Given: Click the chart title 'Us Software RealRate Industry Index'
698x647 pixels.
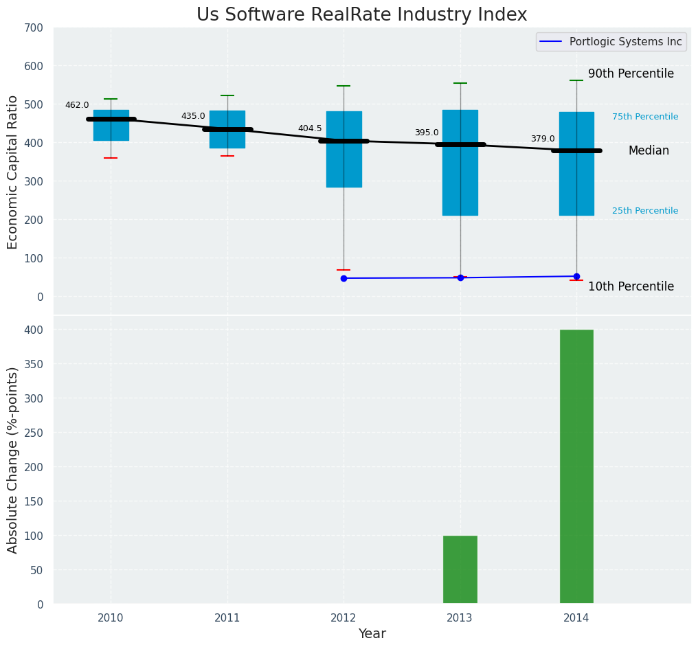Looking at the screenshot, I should (x=361, y=15).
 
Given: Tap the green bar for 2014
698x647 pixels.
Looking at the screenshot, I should (x=576, y=466).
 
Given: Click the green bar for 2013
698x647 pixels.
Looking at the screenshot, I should (x=460, y=569).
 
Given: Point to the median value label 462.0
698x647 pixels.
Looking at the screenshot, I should (x=77, y=105).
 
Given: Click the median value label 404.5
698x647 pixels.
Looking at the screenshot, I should (x=310, y=128).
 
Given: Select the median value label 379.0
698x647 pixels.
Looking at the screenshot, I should (x=543, y=139).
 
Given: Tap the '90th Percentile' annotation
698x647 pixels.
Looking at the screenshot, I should (x=631, y=74).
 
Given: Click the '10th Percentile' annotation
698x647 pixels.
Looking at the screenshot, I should (x=631, y=287).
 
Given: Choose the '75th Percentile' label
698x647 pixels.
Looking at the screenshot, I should (x=645, y=117).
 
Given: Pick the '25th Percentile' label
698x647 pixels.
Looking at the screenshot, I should (x=645, y=211).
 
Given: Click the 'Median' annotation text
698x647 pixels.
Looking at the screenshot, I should (x=649, y=151).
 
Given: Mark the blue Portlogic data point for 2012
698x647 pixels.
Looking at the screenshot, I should (x=344, y=278).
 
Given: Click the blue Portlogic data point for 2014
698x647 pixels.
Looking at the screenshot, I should (x=576, y=276).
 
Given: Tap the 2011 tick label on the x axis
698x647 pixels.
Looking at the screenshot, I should (x=227, y=618).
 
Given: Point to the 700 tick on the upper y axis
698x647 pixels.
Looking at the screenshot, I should (x=34, y=28).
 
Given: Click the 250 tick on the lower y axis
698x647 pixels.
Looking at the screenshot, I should (x=34, y=433).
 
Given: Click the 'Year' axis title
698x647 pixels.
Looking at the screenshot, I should (x=372, y=634).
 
